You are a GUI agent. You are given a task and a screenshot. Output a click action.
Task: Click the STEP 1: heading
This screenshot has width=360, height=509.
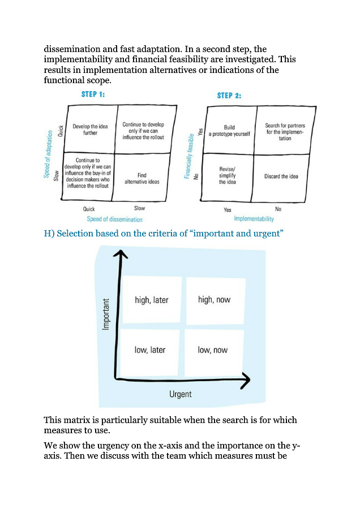click(x=93, y=94)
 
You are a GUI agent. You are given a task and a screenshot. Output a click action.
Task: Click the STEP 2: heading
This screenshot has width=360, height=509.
click(x=229, y=96)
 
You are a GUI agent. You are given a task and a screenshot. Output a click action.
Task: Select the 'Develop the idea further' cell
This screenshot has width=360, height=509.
click(x=85, y=129)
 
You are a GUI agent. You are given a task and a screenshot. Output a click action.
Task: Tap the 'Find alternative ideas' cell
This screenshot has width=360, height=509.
click(x=142, y=178)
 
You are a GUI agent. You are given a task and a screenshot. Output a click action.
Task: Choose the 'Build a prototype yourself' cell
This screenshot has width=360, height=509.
click(x=229, y=131)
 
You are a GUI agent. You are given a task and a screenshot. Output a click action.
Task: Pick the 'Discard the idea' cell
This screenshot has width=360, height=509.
click(x=281, y=176)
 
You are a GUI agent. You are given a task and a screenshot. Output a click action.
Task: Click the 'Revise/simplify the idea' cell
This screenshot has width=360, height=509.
click(x=228, y=175)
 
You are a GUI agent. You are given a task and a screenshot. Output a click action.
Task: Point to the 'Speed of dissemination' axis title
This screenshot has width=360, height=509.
click(x=114, y=219)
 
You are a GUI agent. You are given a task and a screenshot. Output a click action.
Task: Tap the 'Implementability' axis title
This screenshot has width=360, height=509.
click(x=254, y=218)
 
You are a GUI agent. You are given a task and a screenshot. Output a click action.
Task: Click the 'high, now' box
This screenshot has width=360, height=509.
click(x=215, y=300)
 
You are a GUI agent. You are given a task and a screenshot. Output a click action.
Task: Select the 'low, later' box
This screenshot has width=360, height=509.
click(x=150, y=350)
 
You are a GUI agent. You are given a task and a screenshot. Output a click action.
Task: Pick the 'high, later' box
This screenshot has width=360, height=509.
click(x=152, y=300)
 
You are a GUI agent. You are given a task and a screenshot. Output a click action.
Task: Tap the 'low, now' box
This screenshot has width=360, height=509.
click(x=213, y=350)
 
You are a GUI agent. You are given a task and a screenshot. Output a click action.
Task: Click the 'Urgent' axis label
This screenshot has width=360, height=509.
click(x=181, y=394)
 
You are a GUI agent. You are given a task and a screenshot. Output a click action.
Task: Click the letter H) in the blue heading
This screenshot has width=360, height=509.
click(x=49, y=234)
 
